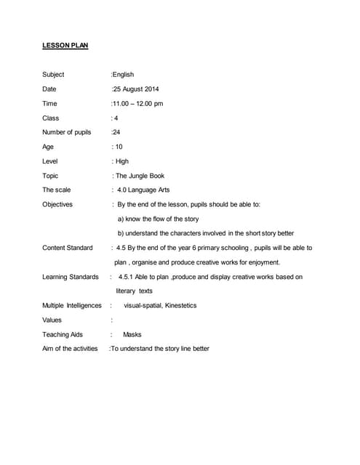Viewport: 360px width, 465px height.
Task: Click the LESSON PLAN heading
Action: point(65,46)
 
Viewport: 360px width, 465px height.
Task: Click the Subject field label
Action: point(53,74)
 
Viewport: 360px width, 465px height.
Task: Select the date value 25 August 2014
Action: point(136,89)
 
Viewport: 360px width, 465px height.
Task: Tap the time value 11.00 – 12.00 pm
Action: point(137,103)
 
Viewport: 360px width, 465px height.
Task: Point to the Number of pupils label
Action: point(67,132)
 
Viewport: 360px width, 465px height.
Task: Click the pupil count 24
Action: point(116,132)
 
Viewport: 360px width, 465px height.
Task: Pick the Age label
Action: point(48,147)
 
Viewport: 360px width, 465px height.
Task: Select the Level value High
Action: point(121,161)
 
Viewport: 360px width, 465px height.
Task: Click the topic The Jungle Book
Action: point(140,176)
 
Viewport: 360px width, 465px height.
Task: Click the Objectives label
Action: point(57,205)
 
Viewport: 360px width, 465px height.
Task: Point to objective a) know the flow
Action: point(158,219)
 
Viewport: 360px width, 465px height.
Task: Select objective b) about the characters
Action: point(206,233)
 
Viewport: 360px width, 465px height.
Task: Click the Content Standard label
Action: point(68,248)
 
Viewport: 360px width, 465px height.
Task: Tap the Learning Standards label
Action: point(71,277)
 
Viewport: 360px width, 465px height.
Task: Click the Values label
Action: point(52,320)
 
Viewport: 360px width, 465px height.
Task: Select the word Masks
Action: point(132,334)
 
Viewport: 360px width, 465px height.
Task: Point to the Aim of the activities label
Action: point(70,349)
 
